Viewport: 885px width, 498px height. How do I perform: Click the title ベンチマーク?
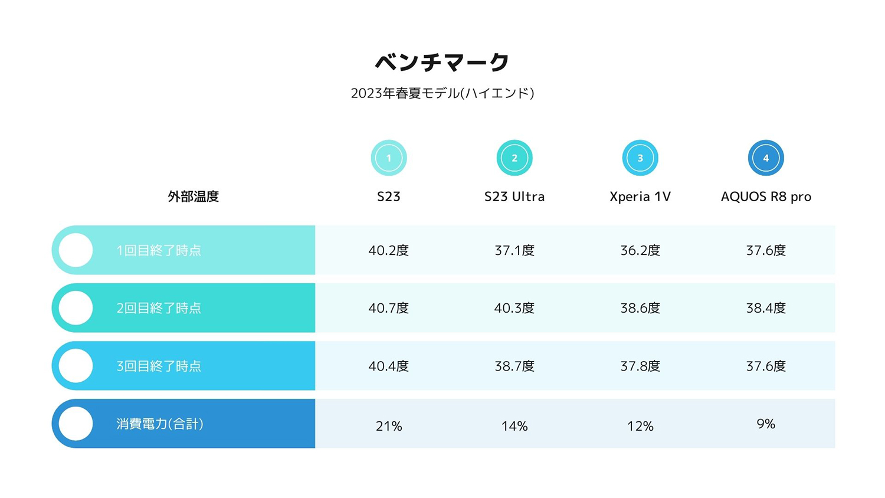point(442,62)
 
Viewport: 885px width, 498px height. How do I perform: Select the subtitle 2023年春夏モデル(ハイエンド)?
point(442,93)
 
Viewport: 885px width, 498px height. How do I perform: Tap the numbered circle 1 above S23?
point(389,158)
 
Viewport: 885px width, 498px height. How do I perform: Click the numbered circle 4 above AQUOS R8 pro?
point(766,158)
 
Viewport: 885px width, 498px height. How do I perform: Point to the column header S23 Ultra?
point(514,196)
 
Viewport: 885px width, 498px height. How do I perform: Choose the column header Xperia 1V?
point(640,196)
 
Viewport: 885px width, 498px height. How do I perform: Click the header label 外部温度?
point(193,196)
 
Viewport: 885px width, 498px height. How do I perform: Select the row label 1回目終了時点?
point(159,250)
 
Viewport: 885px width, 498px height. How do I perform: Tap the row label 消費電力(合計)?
point(160,424)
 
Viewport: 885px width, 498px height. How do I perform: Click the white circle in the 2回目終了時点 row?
point(76,308)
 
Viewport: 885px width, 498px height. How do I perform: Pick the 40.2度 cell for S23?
point(389,250)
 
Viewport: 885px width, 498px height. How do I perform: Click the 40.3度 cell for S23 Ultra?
point(514,308)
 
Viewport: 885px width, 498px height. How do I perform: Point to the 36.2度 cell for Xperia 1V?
point(640,250)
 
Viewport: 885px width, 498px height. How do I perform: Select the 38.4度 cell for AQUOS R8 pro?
point(766,308)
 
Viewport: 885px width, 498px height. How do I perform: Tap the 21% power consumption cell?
point(389,426)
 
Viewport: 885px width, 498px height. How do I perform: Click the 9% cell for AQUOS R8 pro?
point(766,424)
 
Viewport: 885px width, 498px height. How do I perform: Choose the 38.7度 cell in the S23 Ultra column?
point(514,366)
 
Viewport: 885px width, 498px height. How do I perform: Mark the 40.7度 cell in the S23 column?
point(389,308)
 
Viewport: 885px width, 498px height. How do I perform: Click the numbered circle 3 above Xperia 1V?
point(640,158)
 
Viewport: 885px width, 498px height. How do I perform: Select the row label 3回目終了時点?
point(159,366)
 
